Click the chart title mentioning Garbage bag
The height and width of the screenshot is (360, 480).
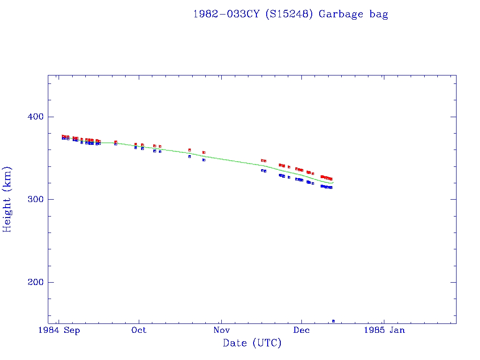click(291, 14)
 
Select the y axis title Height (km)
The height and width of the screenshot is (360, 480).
click(7, 199)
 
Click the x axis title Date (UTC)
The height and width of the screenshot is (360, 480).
click(252, 344)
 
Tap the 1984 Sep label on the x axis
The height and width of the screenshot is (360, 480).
click(59, 330)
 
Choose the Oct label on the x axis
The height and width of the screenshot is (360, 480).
click(139, 330)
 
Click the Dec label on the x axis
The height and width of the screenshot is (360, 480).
click(301, 330)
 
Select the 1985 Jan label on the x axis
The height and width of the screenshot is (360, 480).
click(385, 330)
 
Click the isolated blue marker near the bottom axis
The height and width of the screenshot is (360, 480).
click(333, 321)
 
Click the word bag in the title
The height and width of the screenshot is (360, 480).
click(379, 15)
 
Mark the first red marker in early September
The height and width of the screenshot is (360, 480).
click(63, 136)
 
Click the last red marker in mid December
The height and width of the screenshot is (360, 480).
click(331, 179)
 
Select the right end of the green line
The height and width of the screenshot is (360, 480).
click(333, 182)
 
